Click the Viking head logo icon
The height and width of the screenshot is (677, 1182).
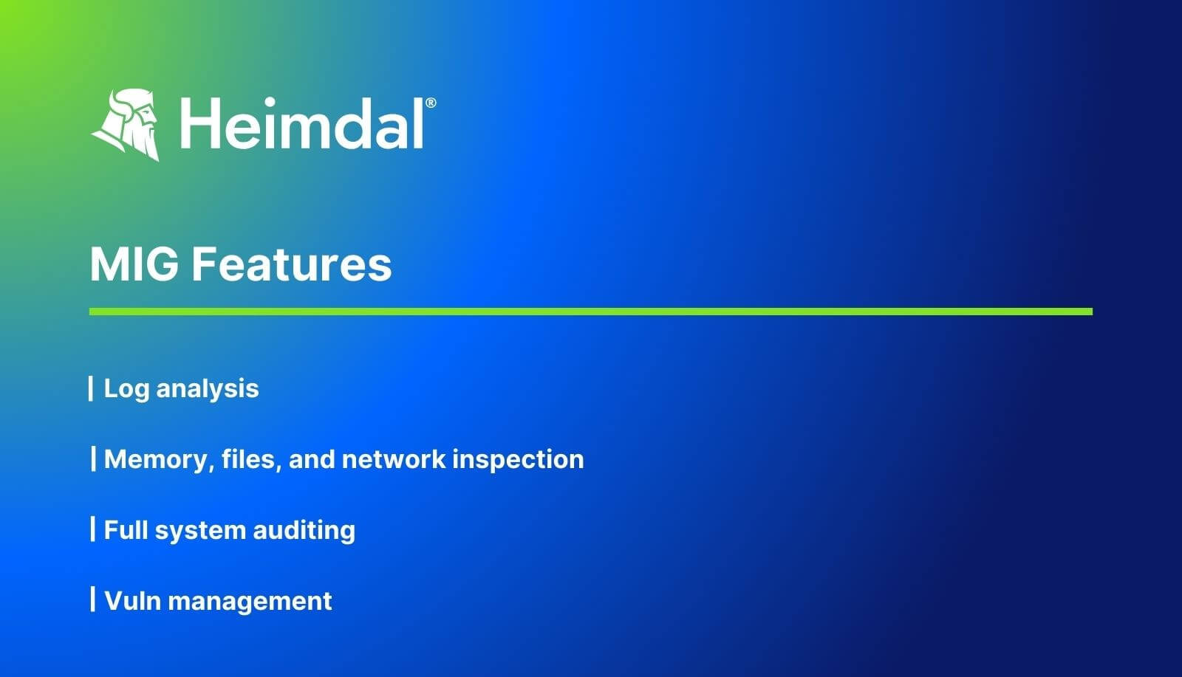[x=126, y=124]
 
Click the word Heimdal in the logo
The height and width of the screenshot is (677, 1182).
[x=302, y=125]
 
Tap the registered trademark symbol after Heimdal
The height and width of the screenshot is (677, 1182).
[x=431, y=103]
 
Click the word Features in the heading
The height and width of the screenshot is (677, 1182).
[x=292, y=264]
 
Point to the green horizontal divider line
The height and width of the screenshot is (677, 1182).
[x=590, y=312]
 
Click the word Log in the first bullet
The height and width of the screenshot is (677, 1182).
[x=126, y=388]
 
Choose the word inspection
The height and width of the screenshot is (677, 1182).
[x=518, y=459]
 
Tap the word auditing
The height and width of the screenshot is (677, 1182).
[x=304, y=530]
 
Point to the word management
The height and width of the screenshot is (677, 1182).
[x=250, y=601]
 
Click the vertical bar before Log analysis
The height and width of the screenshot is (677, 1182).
[x=91, y=388]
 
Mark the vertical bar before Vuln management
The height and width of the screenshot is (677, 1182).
[x=93, y=599]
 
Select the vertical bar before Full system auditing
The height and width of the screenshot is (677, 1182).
[x=93, y=529]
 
